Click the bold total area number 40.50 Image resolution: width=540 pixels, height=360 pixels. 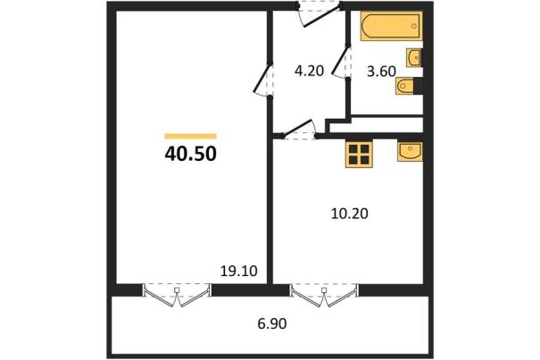[190, 154]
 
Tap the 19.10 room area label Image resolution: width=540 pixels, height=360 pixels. [238, 272]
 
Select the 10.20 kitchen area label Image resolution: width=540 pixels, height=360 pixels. [350, 213]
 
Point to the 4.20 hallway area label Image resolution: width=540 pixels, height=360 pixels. [309, 71]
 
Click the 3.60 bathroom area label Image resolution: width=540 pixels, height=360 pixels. [381, 71]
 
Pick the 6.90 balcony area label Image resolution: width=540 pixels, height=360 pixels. [272, 323]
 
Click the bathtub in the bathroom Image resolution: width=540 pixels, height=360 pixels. [392, 26]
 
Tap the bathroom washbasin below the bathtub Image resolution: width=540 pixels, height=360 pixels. [414, 57]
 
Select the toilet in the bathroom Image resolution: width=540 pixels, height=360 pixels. [405, 86]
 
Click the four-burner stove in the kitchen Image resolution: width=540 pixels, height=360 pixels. [359, 155]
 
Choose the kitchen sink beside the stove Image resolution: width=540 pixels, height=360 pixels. [410, 152]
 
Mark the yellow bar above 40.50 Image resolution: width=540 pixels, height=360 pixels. [190, 136]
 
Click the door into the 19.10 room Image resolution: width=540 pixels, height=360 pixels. [263, 80]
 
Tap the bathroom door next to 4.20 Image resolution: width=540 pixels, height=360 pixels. [342, 62]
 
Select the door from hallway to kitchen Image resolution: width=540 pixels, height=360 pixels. [299, 130]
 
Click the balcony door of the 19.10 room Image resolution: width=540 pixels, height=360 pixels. [177, 296]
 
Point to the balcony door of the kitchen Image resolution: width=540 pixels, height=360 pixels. [324, 296]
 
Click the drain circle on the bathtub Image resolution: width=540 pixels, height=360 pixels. [414, 26]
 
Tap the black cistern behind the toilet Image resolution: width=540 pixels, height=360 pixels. [418, 86]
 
